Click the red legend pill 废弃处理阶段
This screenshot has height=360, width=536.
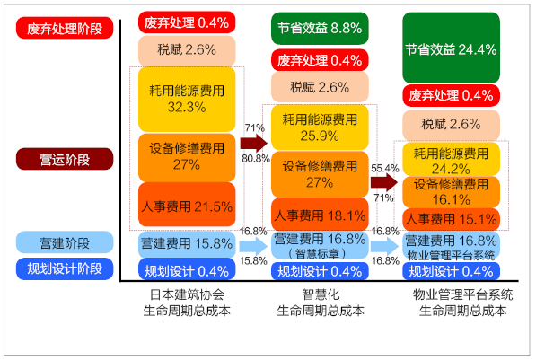point(65,28)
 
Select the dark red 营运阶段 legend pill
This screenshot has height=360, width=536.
point(65,159)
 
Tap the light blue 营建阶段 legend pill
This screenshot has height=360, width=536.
point(65,242)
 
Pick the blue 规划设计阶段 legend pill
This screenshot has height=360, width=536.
point(65,268)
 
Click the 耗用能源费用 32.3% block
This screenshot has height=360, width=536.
point(187,99)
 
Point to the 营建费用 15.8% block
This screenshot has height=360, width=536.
point(187,244)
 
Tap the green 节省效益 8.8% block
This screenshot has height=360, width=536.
point(320,29)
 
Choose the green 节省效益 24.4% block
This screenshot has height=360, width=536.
point(452,48)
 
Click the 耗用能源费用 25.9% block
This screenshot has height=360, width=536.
point(320,127)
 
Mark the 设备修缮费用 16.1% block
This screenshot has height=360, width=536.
point(452,192)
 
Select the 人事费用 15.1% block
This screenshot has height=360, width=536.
point(452,219)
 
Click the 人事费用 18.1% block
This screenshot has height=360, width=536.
point(320,215)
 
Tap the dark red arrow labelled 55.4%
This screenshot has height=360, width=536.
point(384,182)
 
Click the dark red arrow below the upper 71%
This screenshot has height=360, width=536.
point(254,144)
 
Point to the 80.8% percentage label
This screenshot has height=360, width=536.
point(256,159)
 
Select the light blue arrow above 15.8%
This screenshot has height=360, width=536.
point(253,246)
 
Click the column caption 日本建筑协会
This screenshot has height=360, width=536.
point(187,294)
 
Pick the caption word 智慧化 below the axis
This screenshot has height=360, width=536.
point(321,294)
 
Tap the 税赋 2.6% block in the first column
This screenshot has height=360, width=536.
point(187,50)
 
